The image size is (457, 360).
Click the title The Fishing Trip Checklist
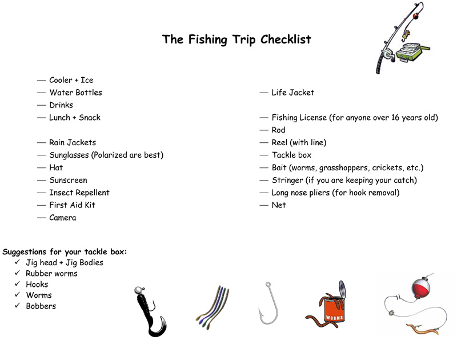tap(236, 39)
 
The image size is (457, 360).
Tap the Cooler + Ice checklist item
tap(71, 80)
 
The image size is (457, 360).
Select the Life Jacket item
tap(292, 93)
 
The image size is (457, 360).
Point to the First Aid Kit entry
tap(72, 205)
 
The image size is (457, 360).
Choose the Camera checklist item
tap(62, 218)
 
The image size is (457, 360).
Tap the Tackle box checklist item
tap(291, 155)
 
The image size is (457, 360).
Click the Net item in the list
tap(279, 205)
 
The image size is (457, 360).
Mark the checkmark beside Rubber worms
tap(18, 273)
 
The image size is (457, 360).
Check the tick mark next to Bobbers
tap(18, 306)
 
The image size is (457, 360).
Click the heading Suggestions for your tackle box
tap(65, 251)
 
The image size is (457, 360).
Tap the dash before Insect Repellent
tap(41, 193)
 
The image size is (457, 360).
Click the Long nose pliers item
tap(335, 193)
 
